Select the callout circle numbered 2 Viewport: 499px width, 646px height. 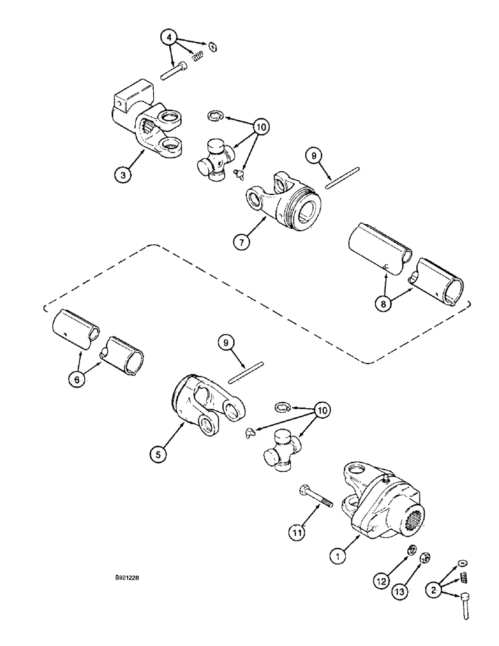[430, 590]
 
